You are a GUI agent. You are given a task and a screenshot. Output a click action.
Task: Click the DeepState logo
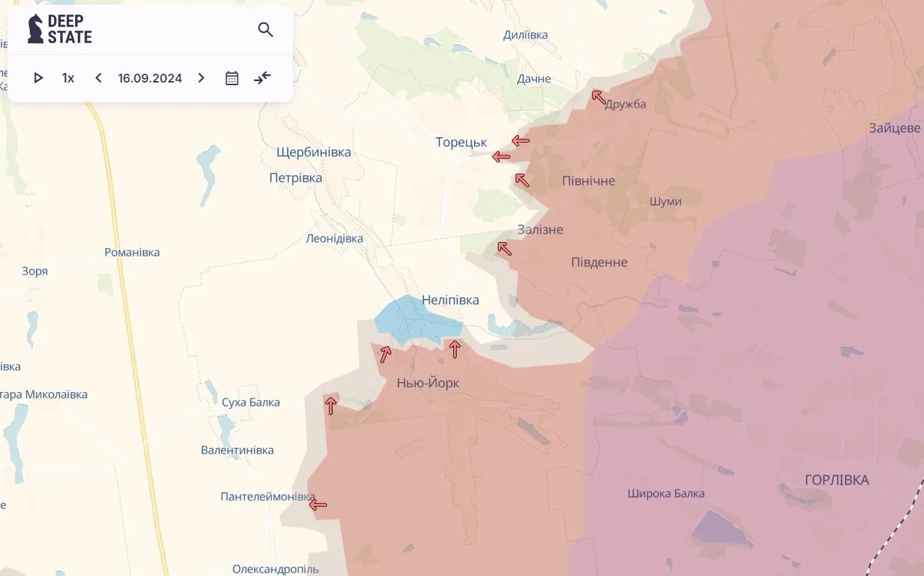[x=59, y=29]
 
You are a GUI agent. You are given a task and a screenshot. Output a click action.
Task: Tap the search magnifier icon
[x=265, y=30]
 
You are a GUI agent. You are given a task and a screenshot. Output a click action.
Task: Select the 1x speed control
[x=68, y=78]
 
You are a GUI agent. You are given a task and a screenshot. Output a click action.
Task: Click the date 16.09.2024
[x=150, y=78]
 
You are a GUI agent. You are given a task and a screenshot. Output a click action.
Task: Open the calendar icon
[x=232, y=78]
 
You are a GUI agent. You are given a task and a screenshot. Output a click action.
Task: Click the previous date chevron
[x=99, y=78]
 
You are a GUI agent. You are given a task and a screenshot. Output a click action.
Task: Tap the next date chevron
[x=201, y=78]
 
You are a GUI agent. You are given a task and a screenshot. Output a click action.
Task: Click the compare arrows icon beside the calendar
[x=262, y=78]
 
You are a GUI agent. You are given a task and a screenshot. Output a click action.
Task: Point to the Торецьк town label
[x=461, y=142]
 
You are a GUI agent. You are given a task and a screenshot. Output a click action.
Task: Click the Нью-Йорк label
[x=428, y=383]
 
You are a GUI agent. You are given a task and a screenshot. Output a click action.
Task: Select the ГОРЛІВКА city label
[x=837, y=480]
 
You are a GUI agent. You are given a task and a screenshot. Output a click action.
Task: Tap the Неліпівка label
[x=451, y=299]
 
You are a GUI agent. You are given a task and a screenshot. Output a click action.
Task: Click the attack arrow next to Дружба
[x=598, y=97]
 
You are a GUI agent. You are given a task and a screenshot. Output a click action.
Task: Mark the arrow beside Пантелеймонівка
[x=318, y=504]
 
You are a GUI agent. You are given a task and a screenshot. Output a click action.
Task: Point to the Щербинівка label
[x=313, y=152]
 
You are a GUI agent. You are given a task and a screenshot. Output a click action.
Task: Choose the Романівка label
[x=132, y=252]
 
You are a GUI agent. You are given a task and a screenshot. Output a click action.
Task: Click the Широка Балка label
[x=665, y=494]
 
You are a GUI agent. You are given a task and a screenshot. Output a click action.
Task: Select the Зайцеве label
[x=894, y=128]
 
